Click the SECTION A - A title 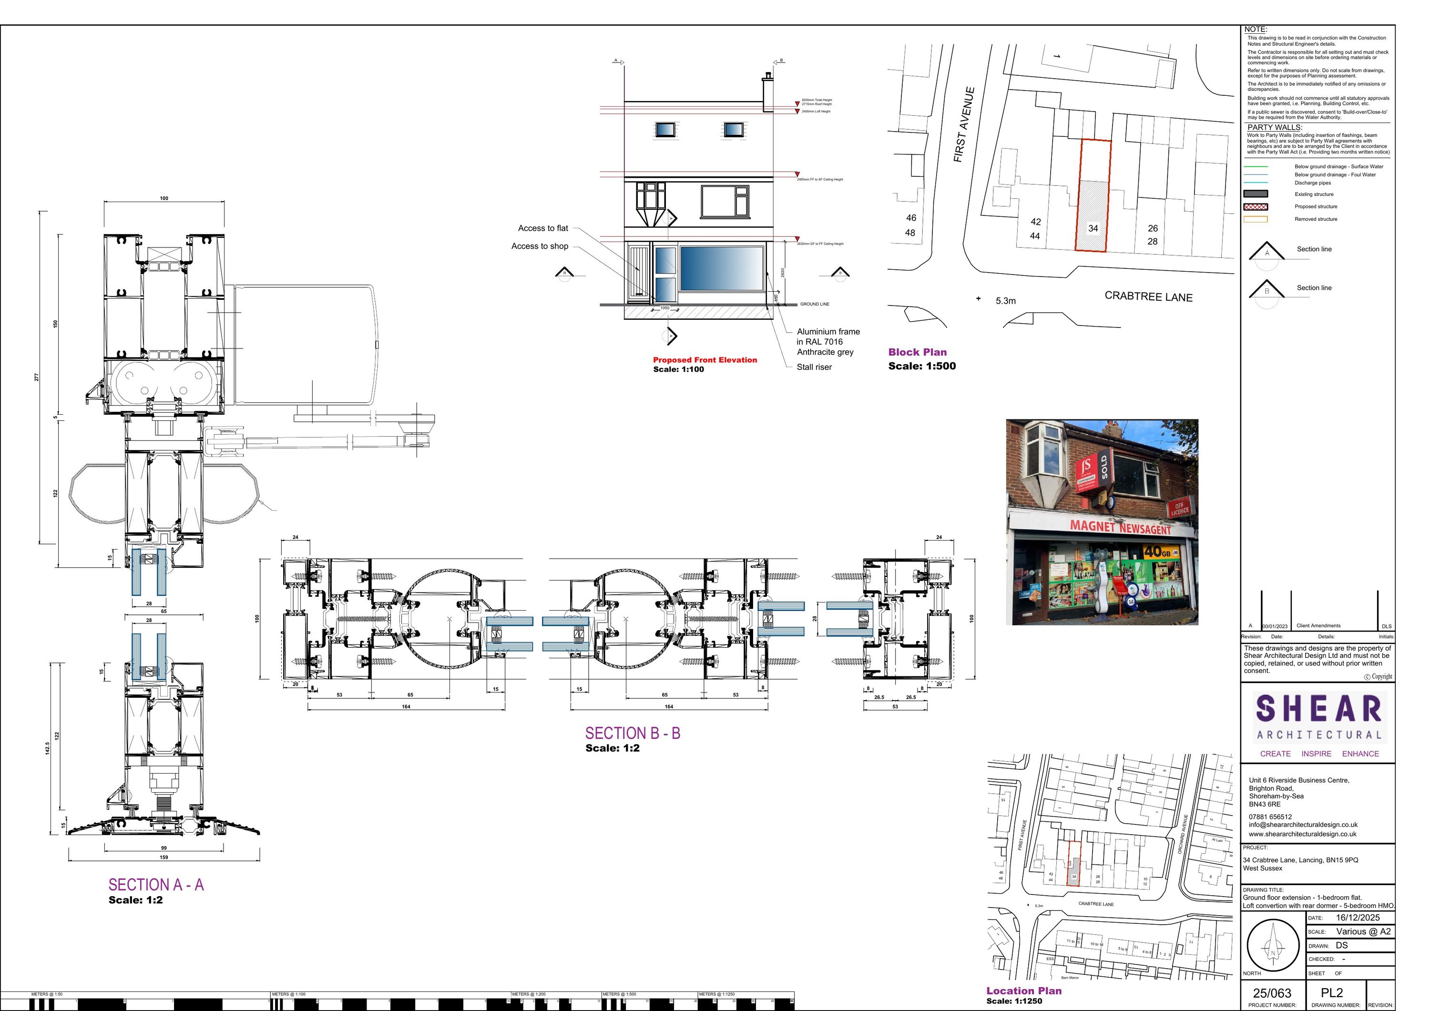[156, 885]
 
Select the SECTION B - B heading [632, 733]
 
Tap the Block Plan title [917, 352]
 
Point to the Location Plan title [1023, 991]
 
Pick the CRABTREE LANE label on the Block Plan [1148, 296]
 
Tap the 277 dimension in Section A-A [37, 377]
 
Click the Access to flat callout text [542, 228]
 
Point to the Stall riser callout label [814, 367]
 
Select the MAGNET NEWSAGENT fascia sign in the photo [1120, 528]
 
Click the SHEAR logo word [1318, 709]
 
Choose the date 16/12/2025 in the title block [1358, 918]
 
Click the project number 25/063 [1272, 993]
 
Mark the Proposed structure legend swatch [1255, 207]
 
